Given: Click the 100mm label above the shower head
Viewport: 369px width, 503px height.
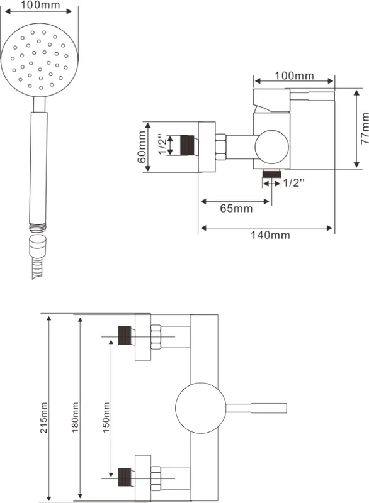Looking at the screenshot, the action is (x=40, y=5).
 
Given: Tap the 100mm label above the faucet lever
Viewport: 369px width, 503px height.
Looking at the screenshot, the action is (x=294, y=75).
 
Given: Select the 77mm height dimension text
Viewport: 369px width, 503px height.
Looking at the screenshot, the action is (x=364, y=128).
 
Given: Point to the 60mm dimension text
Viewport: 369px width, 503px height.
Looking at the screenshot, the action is (x=142, y=147).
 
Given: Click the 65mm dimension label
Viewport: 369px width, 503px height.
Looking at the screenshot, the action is (x=236, y=209).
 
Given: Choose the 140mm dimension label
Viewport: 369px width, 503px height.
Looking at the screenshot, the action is (x=270, y=235).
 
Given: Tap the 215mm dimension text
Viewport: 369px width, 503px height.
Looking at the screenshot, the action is (x=43, y=417).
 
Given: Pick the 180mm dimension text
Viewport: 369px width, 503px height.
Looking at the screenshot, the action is (x=75, y=417).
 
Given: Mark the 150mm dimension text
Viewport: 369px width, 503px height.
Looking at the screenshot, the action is (x=106, y=417).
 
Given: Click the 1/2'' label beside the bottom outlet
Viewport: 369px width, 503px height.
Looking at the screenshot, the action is (x=293, y=183).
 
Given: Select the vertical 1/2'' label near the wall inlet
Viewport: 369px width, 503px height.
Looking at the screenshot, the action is (x=163, y=145).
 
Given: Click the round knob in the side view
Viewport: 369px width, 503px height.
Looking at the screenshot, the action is (x=271, y=147).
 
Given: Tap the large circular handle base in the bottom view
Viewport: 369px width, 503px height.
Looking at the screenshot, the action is (x=201, y=408).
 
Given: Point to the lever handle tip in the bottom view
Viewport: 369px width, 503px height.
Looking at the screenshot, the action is (x=285, y=408).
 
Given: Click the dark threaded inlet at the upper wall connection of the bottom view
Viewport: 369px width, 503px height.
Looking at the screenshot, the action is (x=125, y=335).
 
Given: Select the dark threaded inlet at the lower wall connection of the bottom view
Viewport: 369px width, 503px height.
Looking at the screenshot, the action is (x=125, y=477).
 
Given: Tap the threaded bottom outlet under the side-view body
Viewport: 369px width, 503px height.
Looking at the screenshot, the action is (x=271, y=175).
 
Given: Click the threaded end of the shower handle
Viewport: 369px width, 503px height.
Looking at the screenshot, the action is (x=38, y=228).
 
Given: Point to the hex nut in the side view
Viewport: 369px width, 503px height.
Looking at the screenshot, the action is (x=220, y=147).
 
